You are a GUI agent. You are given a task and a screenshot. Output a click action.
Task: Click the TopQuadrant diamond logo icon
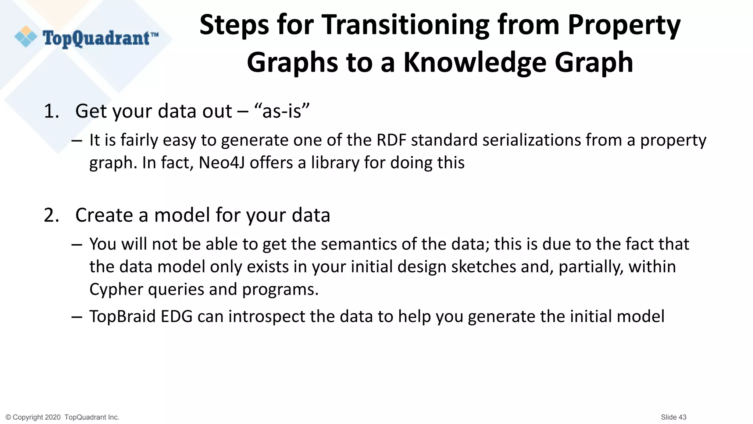pyautogui.click(x=26, y=37)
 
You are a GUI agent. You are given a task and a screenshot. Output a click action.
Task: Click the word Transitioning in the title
pyautogui.click(x=406, y=25)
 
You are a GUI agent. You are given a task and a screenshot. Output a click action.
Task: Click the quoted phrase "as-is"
pyautogui.click(x=282, y=111)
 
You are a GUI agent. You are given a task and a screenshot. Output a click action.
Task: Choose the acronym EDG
pyautogui.click(x=176, y=317)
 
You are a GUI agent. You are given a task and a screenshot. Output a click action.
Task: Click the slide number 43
pyautogui.click(x=682, y=417)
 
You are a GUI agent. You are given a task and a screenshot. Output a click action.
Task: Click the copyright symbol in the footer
pyautogui.click(x=8, y=417)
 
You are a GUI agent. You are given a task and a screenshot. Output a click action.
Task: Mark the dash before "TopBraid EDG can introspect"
pyautogui.click(x=77, y=317)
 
